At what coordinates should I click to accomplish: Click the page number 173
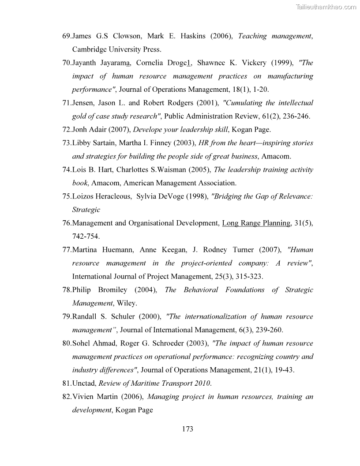click(187, 428)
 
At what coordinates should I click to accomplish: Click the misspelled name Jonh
click(81, 129)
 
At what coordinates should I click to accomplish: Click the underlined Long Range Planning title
click(256, 223)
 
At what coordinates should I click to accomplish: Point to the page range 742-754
click(86, 236)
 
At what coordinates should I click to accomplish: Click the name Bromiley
click(110, 290)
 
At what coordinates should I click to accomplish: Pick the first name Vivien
click(83, 397)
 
